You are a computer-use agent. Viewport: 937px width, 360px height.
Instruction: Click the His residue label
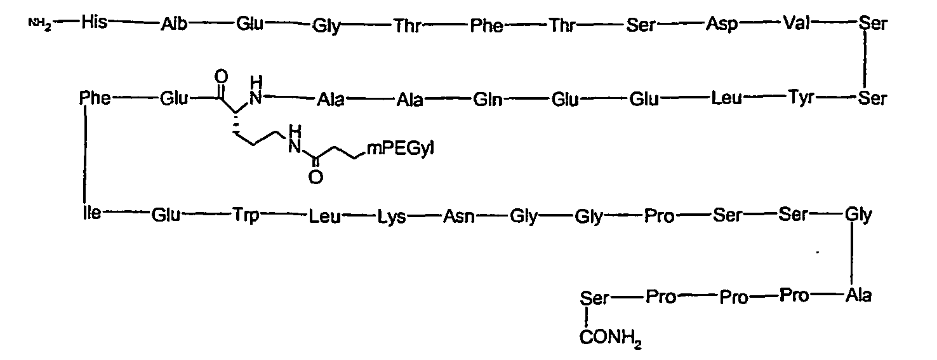click(x=94, y=22)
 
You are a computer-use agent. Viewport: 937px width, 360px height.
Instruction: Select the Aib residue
click(x=173, y=24)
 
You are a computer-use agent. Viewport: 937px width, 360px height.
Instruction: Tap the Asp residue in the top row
click(x=722, y=25)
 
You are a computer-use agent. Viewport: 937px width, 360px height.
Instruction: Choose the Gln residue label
click(x=488, y=100)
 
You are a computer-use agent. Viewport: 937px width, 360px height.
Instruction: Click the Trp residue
click(x=246, y=216)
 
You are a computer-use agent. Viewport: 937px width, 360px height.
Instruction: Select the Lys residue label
click(x=392, y=217)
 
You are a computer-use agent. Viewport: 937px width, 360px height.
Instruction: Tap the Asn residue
click(x=459, y=217)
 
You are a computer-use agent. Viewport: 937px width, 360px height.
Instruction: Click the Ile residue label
click(x=91, y=213)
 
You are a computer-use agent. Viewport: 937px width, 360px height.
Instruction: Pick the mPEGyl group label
click(x=401, y=149)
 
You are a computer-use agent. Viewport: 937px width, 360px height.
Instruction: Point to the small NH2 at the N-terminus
click(x=40, y=23)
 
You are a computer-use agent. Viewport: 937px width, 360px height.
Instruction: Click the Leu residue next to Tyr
click(x=727, y=98)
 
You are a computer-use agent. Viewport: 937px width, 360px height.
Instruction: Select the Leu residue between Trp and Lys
click(x=324, y=217)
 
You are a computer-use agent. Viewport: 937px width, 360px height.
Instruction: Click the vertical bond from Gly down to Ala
click(x=852, y=255)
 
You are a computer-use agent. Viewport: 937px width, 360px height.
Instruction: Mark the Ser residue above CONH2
click(x=594, y=298)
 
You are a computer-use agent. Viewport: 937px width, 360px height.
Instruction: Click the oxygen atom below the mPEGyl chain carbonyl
click(x=316, y=177)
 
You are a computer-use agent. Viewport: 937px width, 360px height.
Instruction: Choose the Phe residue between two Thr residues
click(x=486, y=25)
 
